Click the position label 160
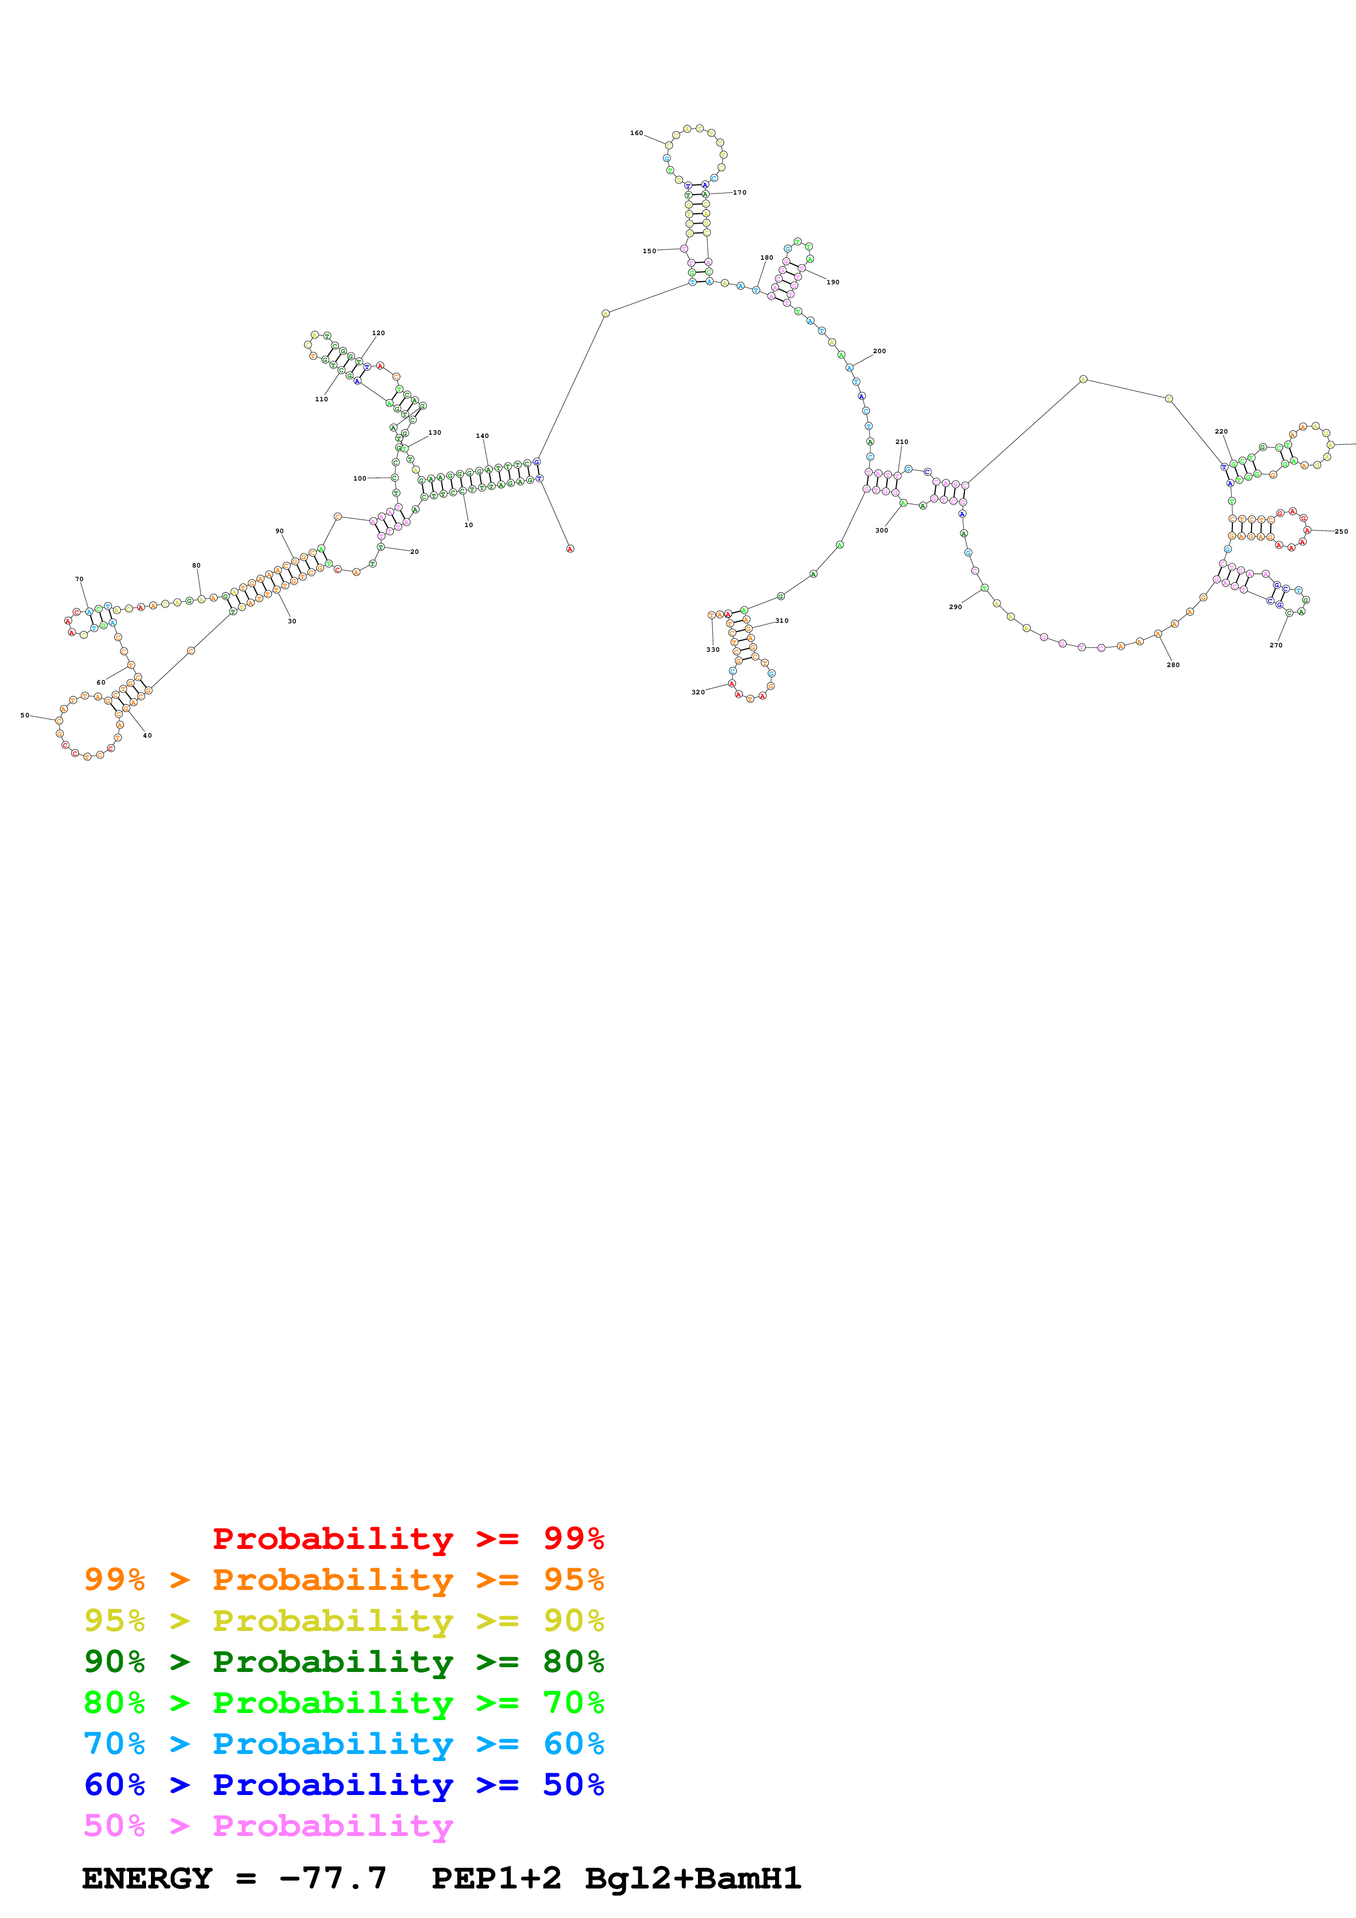coord(637,133)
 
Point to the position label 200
coord(879,352)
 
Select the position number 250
coord(1341,531)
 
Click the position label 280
coord(1173,665)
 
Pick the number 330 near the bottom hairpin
coord(713,649)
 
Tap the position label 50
coord(25,715)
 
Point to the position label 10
coord(469,525)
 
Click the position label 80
coord(196,565)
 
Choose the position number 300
coord(881,530)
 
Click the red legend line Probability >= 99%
coord(408,1538)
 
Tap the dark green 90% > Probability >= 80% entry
coord(344,1662)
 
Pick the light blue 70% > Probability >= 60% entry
coord(344,1744)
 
